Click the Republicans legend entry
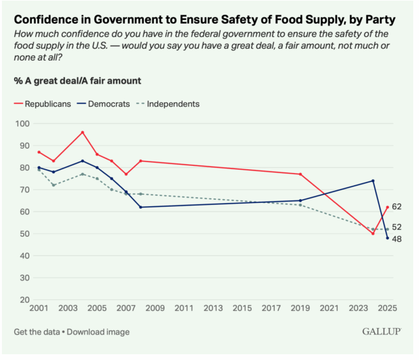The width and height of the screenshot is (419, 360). [x=44, y=103]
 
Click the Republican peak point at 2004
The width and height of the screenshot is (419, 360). [x=82, y=132]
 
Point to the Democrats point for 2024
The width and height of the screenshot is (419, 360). [x=373, y=181]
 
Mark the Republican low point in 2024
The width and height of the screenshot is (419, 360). [x=373, y=234]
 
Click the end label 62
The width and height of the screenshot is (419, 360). [x=397, y=207]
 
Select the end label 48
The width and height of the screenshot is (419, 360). [x=397, y=239]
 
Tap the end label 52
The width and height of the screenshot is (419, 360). [x=397, y=227]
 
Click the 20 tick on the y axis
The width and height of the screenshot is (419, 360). [x=24, y=299]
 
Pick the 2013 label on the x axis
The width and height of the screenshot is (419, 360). [x=213, y=309]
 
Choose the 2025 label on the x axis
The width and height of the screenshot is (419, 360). [x=387, y=309]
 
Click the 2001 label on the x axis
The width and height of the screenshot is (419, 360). [x=39, y=309]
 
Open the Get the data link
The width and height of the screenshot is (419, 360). [x=38, y=332]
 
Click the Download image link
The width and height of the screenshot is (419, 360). [x=99, y=332]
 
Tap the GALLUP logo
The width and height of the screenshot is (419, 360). [x=381, y=332]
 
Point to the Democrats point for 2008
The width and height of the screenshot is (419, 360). [x=141, y=207]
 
